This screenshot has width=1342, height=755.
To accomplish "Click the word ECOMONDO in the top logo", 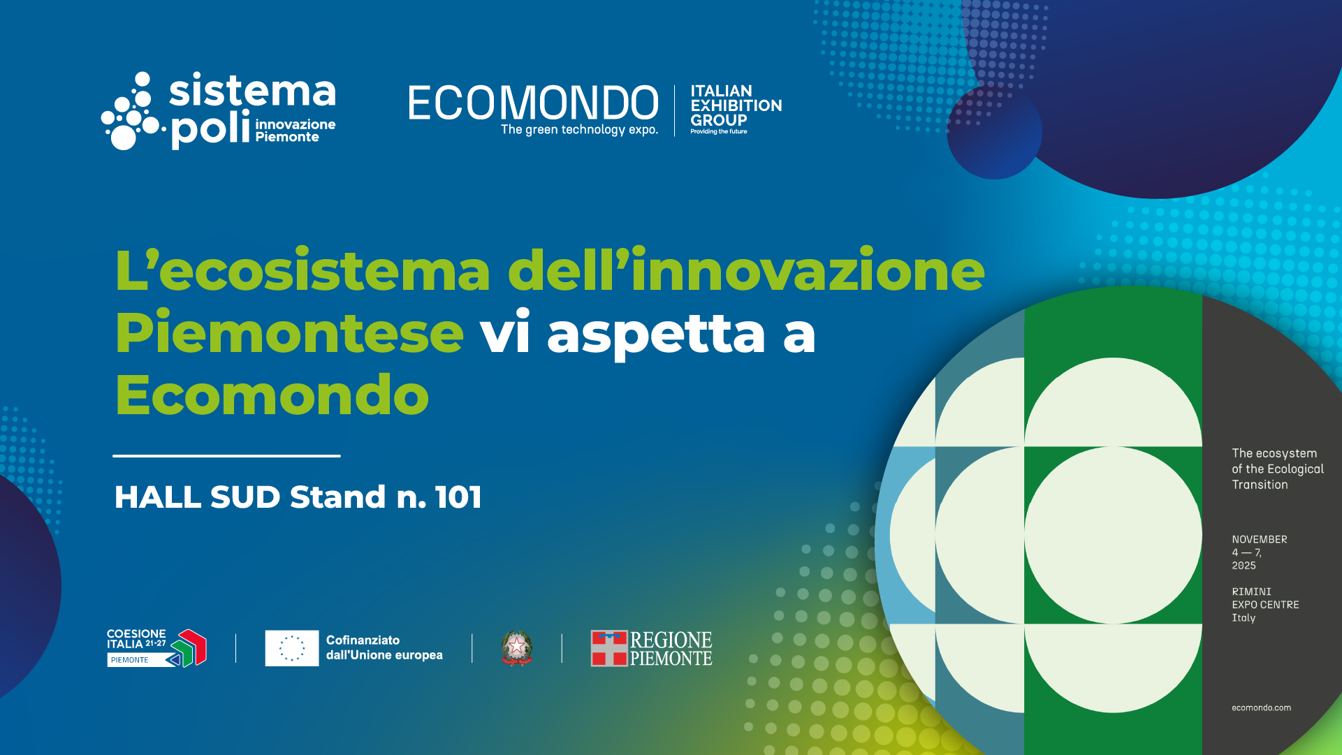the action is point(533,103).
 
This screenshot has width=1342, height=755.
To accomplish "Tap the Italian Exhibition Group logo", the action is point(736,109).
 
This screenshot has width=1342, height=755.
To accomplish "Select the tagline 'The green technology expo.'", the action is point(579,129).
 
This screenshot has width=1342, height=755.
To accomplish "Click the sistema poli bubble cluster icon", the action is point(133,111).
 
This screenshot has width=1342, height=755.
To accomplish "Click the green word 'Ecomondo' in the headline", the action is point(272,395).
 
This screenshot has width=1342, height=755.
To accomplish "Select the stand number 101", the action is point(458,497).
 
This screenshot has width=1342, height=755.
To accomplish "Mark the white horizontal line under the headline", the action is point(226,456).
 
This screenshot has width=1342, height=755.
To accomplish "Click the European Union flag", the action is point(292,648).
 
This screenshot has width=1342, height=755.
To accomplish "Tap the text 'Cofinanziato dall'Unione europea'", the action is point(384,647).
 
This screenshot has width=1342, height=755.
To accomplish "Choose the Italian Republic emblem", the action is point(517,648).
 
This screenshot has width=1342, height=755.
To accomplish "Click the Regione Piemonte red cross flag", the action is point(609,648).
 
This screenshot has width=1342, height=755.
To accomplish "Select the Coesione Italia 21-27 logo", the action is point(156,647).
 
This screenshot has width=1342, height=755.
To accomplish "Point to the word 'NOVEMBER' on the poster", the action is point(1259,539).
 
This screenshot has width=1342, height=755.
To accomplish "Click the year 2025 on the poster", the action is point(1243,566).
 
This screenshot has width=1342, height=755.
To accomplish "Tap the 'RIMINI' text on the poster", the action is point(1251,592).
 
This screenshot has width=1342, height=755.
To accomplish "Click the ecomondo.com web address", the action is point(1261,708).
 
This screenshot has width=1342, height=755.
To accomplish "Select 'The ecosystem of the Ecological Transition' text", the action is point(1278,469).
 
